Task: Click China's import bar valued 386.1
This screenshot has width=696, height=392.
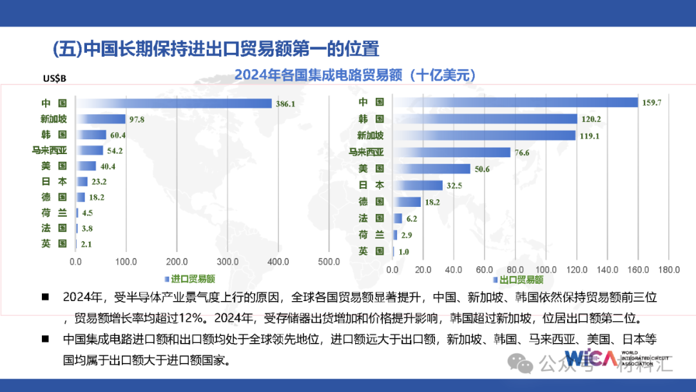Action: (x=174, y=103)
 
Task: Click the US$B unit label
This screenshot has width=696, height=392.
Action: (x=54, y=79)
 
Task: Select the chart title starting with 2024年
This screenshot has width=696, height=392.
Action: (x=355, y=75)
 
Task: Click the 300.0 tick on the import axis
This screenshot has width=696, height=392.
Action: (x=227, y=262)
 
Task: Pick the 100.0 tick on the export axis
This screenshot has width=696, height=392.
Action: (x=546, y=269)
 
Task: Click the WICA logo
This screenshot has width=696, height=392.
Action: (x=590, y=358)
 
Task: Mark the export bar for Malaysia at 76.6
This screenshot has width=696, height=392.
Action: (x=452, y=152)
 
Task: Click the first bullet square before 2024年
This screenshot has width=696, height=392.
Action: (x=45, y=297)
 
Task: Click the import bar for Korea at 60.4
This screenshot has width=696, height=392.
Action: (x=91, y=135)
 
